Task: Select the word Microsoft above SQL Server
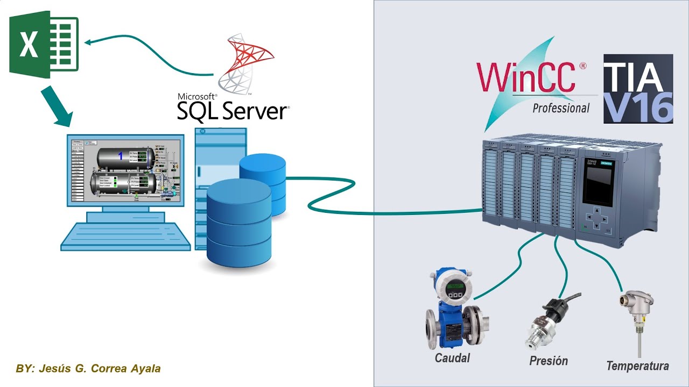(197, 96)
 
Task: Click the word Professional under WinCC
(561, 108)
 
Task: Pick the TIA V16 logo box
(638, 89)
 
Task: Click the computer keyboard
(125, 236)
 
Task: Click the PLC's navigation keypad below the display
(596, 219)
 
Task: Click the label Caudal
(452, 358)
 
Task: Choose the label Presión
(548, 361)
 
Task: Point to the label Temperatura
(637, 366)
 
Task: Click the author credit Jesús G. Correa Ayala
(89, 369)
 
